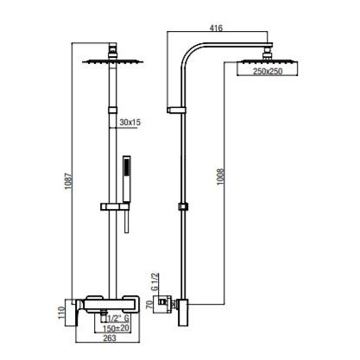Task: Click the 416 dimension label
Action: [216, 28]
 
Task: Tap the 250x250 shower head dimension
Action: [268, 72]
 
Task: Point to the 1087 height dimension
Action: [68, 181]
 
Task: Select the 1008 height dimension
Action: [220, 177]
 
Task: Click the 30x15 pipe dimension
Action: [130, 123]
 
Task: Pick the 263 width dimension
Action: [110, 338]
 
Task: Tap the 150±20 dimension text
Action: [117, 328]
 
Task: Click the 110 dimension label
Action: [61, 313]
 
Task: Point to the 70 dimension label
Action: [149, 305]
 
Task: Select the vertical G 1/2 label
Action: [155, 282]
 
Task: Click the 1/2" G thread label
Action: [117, 319]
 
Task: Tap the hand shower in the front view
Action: [127, 179]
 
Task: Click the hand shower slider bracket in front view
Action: [115, 206]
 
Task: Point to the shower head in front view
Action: [113, 61]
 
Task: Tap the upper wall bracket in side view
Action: [176, 111]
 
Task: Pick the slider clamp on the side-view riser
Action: [183, 206]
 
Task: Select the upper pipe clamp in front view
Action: [113, 111]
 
